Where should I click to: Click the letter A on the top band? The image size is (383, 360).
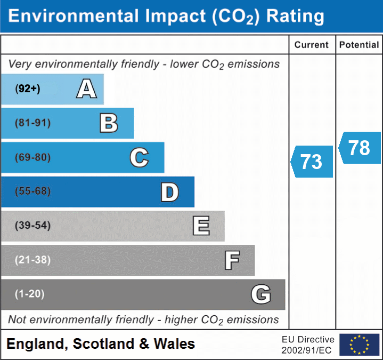click(87, 89)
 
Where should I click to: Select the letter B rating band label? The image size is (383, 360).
click(109, 123)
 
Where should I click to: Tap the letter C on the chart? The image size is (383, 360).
click(139, 158)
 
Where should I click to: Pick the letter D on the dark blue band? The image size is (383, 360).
click(169, 192)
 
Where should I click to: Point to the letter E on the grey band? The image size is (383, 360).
click(201, 226)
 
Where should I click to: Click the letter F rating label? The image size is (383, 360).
click(232, 260)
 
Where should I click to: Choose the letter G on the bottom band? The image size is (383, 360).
click(261, 294)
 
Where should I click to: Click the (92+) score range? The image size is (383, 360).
click(28, 89)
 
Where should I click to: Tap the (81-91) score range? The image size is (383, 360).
click(33, 123)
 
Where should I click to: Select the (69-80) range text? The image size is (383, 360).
click(33, 158)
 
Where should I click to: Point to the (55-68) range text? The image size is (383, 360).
click(33, 191)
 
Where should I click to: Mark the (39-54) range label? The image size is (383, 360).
click(33, 226)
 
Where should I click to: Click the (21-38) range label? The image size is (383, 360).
click(33, 260)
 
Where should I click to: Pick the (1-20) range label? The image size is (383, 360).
click(30, 294)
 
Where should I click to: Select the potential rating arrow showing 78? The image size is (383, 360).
click(360, 148)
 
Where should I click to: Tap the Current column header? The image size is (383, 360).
click(312, 45)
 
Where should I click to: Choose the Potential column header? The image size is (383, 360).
click(359, 45)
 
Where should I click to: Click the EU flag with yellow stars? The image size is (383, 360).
click(359, 345)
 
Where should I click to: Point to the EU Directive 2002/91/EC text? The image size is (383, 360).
click(308, 345)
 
